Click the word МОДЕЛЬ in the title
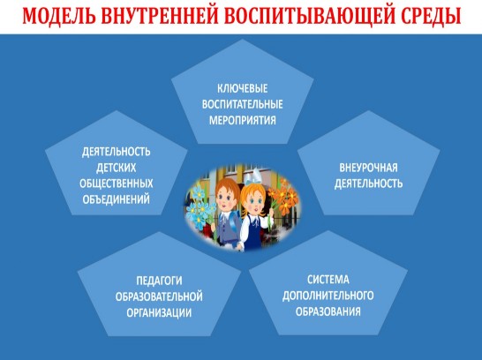point(58,15)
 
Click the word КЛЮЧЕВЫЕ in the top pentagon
point(242,88)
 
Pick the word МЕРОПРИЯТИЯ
point(242,120)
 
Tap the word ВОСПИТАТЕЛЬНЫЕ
point(242,104)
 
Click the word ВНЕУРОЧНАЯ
point(368,168)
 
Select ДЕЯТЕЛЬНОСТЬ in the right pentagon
point(368,184)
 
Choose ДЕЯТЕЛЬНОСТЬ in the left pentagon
point(117,152)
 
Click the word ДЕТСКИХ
point(117,168)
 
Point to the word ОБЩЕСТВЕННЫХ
point(117,184)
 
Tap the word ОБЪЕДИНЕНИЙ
point(117,199)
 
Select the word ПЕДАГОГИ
point(159,281)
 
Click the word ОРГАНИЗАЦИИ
point(159,312)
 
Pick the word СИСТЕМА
point(328,280)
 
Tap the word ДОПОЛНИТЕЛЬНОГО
point(328,296)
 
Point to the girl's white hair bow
point(252,176)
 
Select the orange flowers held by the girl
point(282,199)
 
